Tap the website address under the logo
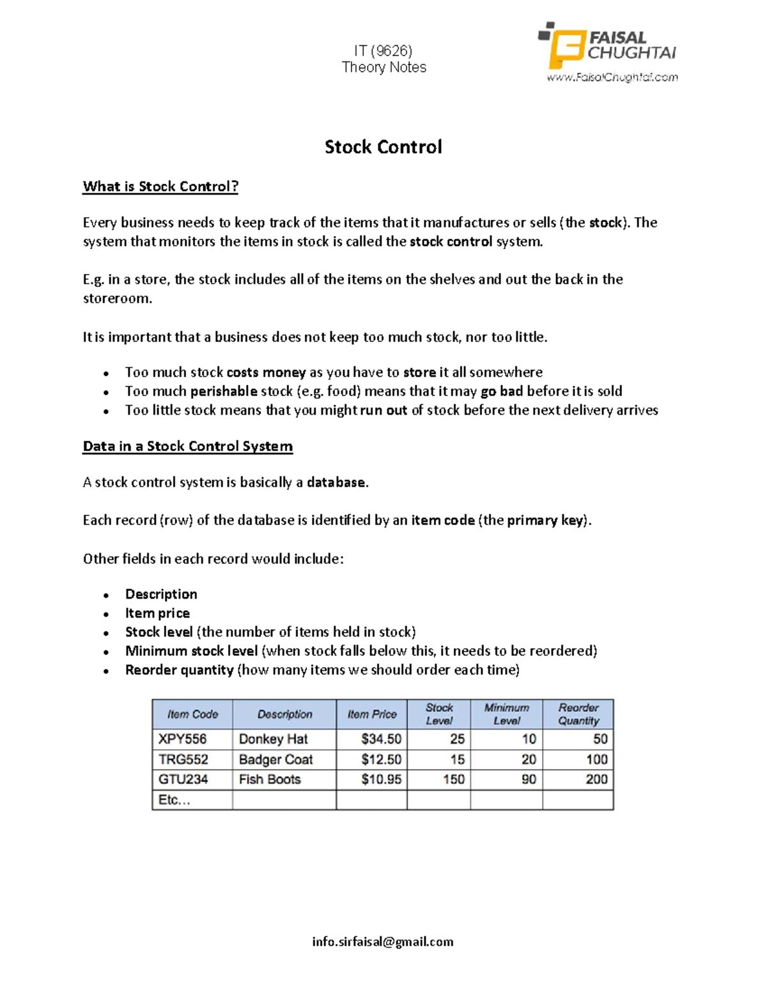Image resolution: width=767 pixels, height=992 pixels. (612, 77)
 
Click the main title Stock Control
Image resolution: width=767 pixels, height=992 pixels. (383, 147)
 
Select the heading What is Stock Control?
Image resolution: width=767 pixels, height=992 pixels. (160, 187)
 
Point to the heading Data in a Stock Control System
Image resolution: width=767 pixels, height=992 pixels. (188, 446)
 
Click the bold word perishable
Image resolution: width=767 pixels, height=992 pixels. (224, 391)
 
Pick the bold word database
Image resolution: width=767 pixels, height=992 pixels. (337, 482)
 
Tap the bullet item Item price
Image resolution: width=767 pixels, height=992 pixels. (157, 613)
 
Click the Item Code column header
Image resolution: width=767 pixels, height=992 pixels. (192, 714)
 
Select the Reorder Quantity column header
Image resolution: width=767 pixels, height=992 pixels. (578, 714)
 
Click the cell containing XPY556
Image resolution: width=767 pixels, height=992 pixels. (183, 739)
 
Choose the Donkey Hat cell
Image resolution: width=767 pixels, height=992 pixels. (274, 739)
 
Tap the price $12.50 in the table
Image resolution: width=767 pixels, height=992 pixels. (381, 759)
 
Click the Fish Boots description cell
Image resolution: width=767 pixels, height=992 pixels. (270, 779)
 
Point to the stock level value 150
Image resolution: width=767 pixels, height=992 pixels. (454, 779)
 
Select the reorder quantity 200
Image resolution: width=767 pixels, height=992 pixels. (596, 779)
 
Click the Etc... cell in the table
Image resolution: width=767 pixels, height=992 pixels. (174, 800)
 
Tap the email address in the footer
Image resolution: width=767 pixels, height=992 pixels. (383, 942)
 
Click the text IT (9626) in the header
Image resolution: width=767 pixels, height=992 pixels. (383, 50)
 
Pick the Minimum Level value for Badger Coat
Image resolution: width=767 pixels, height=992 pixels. (529, 759)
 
